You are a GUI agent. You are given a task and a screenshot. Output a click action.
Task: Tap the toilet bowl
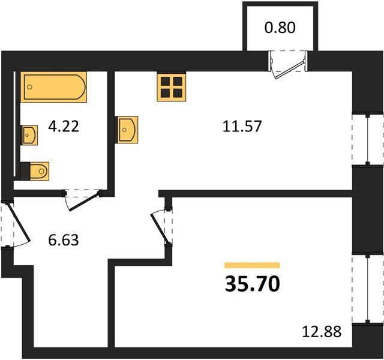click(40, 171)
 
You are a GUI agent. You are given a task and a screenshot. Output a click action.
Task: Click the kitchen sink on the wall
click(128, 130)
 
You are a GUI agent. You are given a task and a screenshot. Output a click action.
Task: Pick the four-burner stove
click(172, 87)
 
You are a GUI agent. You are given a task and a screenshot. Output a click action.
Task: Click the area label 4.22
click(64, 127)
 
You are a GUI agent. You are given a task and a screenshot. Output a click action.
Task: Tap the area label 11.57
click(242, 127)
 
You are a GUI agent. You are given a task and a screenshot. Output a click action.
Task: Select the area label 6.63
click(64, 240)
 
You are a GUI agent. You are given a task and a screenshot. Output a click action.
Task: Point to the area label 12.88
click(322, 332)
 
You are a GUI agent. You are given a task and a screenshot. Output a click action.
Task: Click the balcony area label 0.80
click(280, 28)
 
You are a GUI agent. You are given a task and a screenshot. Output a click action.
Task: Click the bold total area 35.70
click(252, 284)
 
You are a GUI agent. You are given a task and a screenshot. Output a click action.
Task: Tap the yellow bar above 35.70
click(252, 265)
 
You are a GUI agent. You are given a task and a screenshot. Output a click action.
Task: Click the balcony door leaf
click(290, 70)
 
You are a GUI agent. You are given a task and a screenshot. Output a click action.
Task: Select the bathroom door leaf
click(85, 202)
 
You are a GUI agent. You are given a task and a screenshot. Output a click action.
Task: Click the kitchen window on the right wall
click(368, 139)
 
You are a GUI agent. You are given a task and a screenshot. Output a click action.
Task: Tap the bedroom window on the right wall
click(368, 289)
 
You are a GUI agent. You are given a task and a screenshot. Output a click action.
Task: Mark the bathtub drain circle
click(30, 87)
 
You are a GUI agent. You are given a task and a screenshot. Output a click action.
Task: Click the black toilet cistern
click(25, 171)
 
